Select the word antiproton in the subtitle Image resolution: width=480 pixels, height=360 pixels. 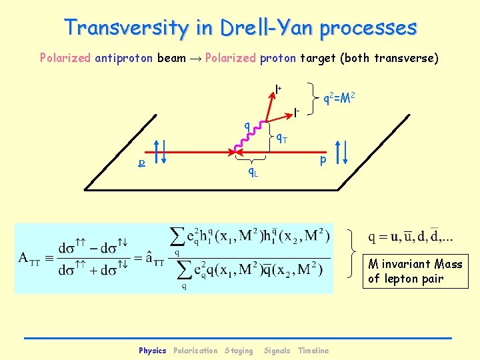[x=125, y=58]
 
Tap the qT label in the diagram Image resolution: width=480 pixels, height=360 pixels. [x=282, y=139]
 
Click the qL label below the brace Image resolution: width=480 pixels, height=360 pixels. [x=253, y=173]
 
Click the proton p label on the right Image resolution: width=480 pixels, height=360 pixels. [x=323, y=161]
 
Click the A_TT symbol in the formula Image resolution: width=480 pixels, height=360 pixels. [x=32, y=257]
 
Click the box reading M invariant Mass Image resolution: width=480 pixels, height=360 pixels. [x=415, y=271]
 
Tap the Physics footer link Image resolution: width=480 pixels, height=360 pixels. [x=152, y=351]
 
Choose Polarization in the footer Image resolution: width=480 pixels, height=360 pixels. [x=195, y=351]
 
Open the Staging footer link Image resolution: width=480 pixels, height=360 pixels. [x=239, y=351]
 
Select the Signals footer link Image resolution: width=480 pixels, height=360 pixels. [x=277, y=351]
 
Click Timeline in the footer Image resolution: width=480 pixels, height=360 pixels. [x=313, y=351]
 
